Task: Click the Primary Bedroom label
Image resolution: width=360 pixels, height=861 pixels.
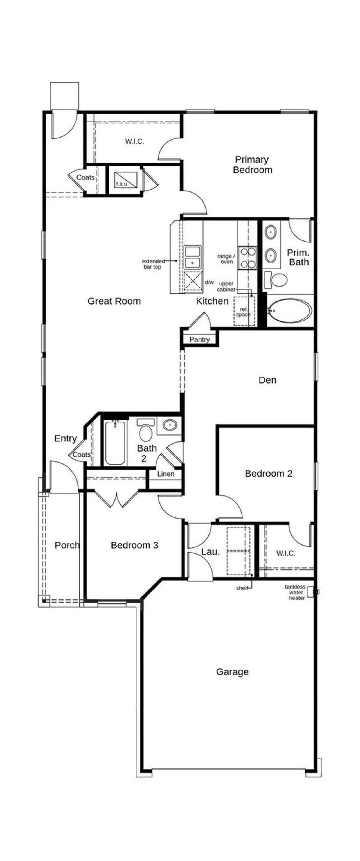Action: pos(252,164)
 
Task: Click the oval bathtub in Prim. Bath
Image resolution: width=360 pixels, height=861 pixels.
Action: pos(290,311)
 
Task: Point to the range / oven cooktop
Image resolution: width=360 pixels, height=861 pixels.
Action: pos(247,258)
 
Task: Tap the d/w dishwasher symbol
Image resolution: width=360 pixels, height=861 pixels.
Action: pos(193,282)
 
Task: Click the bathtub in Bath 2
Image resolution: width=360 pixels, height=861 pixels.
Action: pos(115,443)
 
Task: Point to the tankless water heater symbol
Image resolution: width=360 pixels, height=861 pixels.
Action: pos(310,592)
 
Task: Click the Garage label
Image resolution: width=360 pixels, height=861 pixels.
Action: pos(232,671)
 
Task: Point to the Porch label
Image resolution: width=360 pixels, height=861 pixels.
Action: pos(67,545)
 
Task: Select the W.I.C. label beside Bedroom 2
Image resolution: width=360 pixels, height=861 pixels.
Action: pos(286,553)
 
